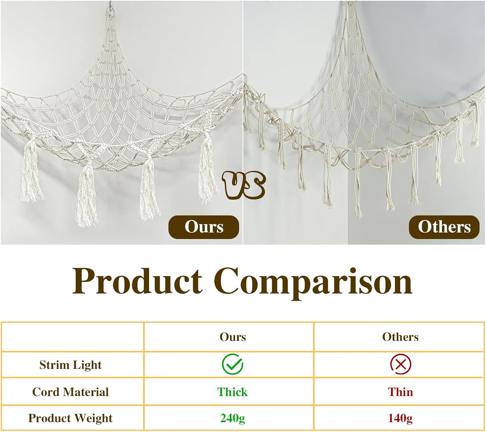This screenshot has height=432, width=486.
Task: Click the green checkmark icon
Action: coord(232,365)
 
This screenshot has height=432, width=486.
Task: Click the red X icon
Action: coord(400,365)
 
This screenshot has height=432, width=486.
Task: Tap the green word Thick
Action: coord(232,392)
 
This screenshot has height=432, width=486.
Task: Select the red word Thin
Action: coord(400,392)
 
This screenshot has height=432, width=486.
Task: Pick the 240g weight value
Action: coord(232,418)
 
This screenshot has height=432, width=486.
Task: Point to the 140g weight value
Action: coord(400,418)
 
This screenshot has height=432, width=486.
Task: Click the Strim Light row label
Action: coord(70,365)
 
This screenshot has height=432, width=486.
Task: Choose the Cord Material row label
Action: coord(70,392)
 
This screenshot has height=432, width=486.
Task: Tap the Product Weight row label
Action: coord(70,418)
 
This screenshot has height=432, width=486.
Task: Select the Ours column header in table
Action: coord(233,337)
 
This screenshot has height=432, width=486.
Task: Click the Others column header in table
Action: coord(400,337)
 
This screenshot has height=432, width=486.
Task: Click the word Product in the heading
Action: coord(137,281)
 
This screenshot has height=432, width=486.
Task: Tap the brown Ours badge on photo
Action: coord(204,227)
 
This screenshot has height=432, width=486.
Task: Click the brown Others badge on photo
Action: coord(444,227)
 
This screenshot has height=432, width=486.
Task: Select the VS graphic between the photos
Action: coord(244,185)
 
